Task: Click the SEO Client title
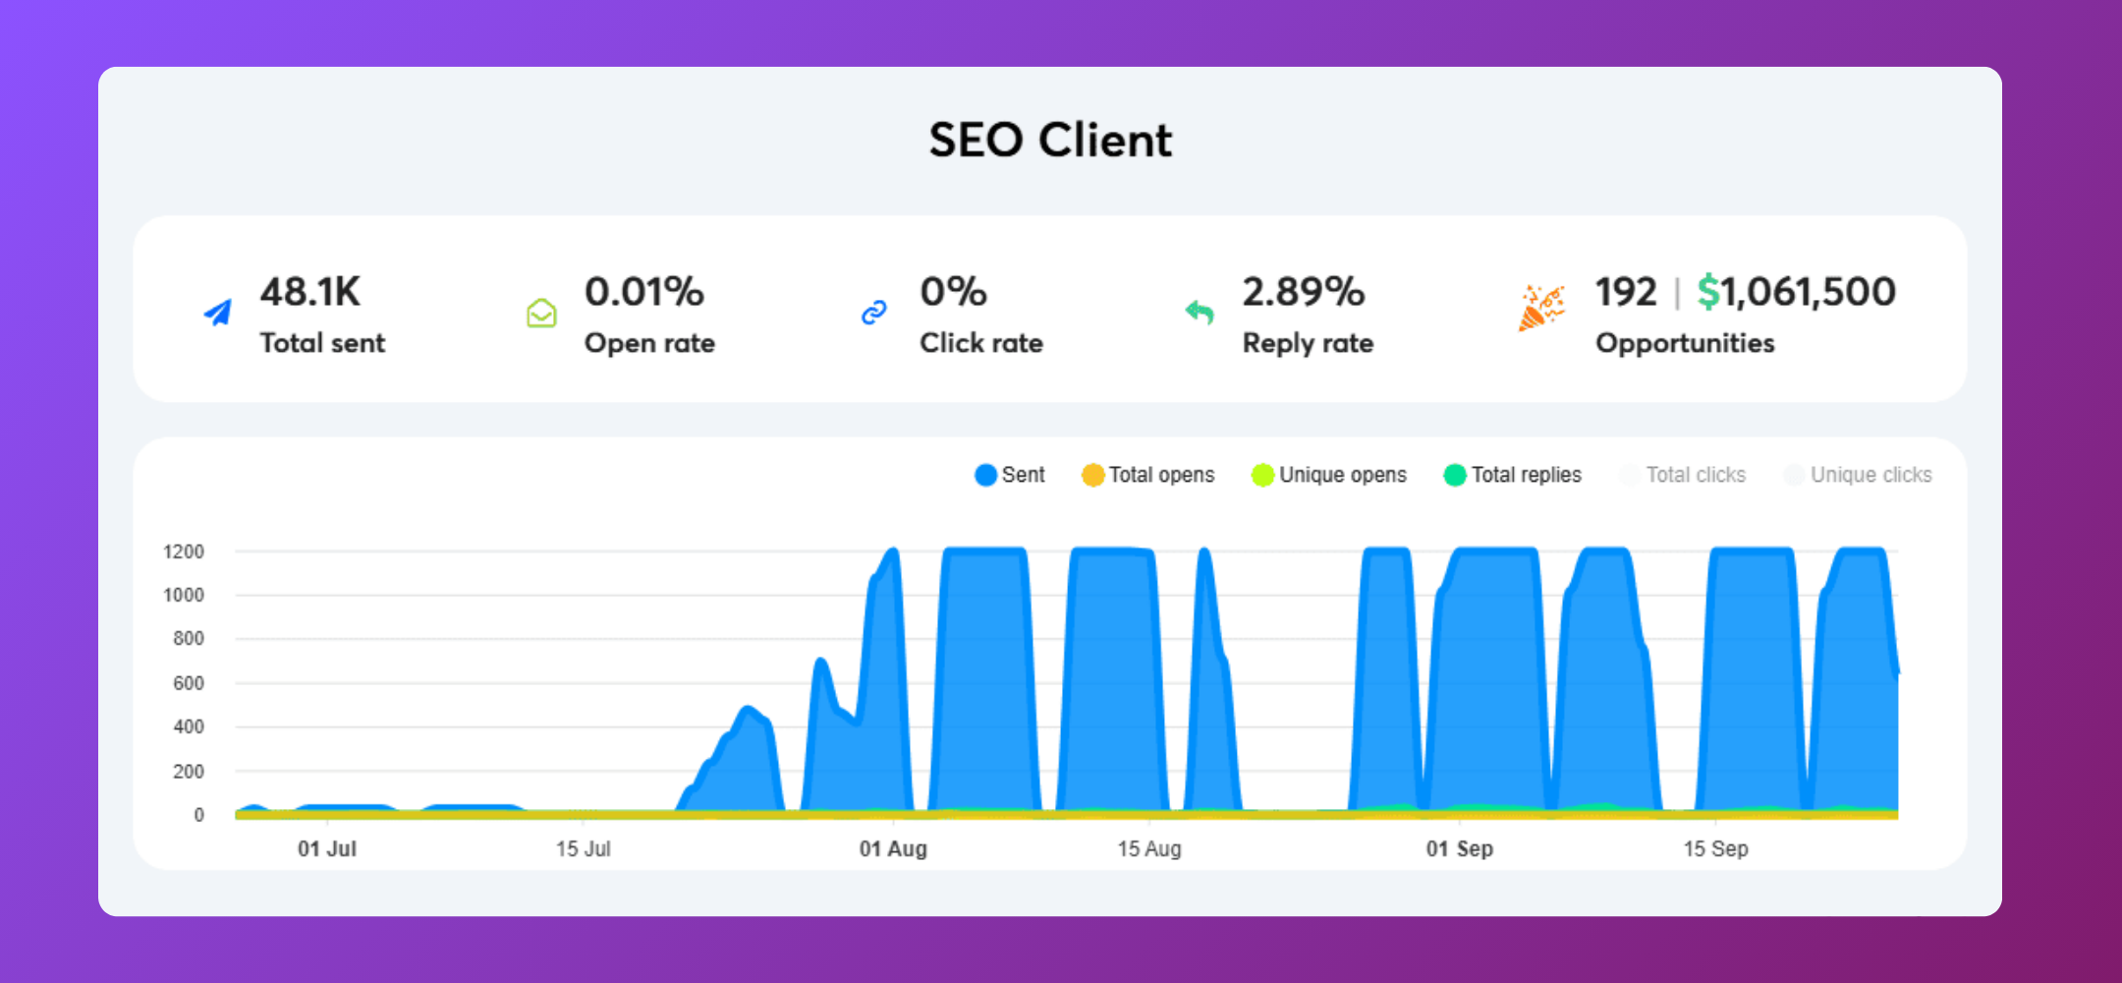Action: tap(1050, 140)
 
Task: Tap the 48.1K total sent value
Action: tap(309, 292)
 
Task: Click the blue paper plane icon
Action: tap(218, 313)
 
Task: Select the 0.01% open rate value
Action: tap(643, 292)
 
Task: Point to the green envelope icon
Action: tap(541, 313)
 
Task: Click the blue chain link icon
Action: tap(873, 313)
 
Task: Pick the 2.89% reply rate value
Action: tap(1303, 292)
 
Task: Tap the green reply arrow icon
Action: tap(1200, 313)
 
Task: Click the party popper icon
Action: tap(1540, 308)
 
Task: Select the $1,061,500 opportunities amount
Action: tap(1797, 292)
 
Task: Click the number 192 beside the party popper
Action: tap(1625, 292)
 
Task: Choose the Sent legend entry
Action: tap(1010, 475)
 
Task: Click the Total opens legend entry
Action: tap(1148, 475)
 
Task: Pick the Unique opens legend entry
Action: tap(1329, 475)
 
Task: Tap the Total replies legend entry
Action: tap(1513, 475)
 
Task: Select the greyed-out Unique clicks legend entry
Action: tap(1858, 475)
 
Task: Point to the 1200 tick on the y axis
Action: tap(184, 551)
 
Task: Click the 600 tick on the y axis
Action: tap(189, 683)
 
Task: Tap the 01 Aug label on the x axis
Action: tap(893, 848)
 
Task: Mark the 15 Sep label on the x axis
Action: tap(1715, 848)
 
